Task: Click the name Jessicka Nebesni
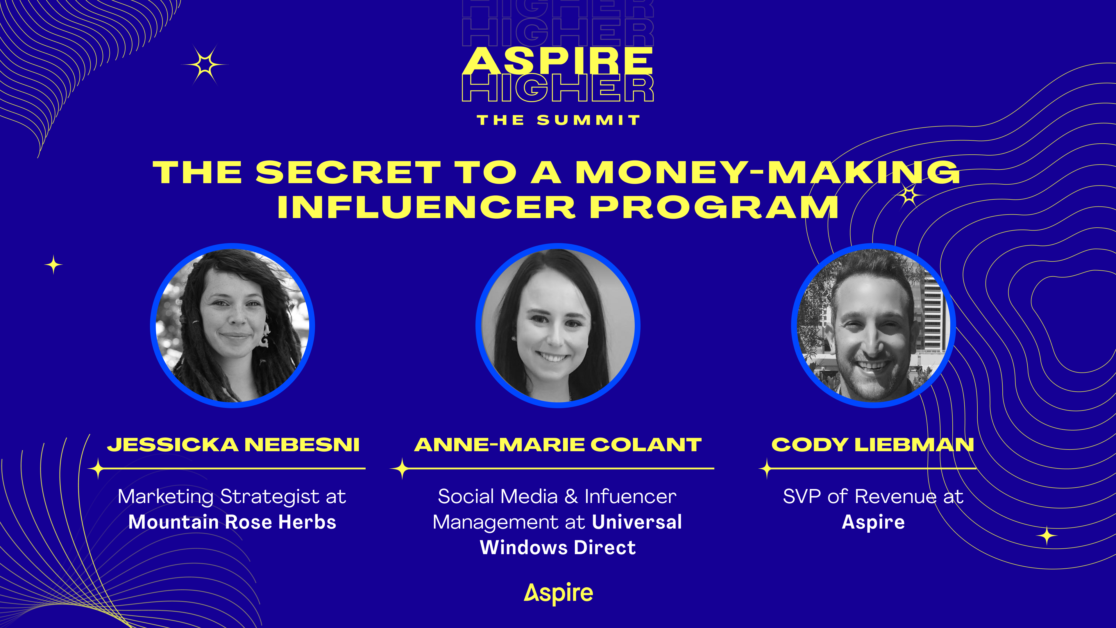tap(233, 445)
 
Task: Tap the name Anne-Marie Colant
tap(558, 445)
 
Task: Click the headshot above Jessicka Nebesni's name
tap(233, 326)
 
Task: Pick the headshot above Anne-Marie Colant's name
tap(558, 326)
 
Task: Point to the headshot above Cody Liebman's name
tap(873, 326)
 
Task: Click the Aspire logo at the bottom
tap(558, 593)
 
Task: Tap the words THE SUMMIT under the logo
tap(558, 120)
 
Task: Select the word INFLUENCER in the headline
tap(426, 207)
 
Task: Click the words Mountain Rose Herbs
tap(232, 522)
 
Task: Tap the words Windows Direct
tap(558, 547)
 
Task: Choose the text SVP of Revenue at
tap(873, 497)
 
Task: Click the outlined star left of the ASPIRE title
tap(205, 65)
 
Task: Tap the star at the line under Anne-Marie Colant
tap(402, 468)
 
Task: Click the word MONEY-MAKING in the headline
tap(767, 172)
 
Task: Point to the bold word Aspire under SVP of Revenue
tap(873, 522)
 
